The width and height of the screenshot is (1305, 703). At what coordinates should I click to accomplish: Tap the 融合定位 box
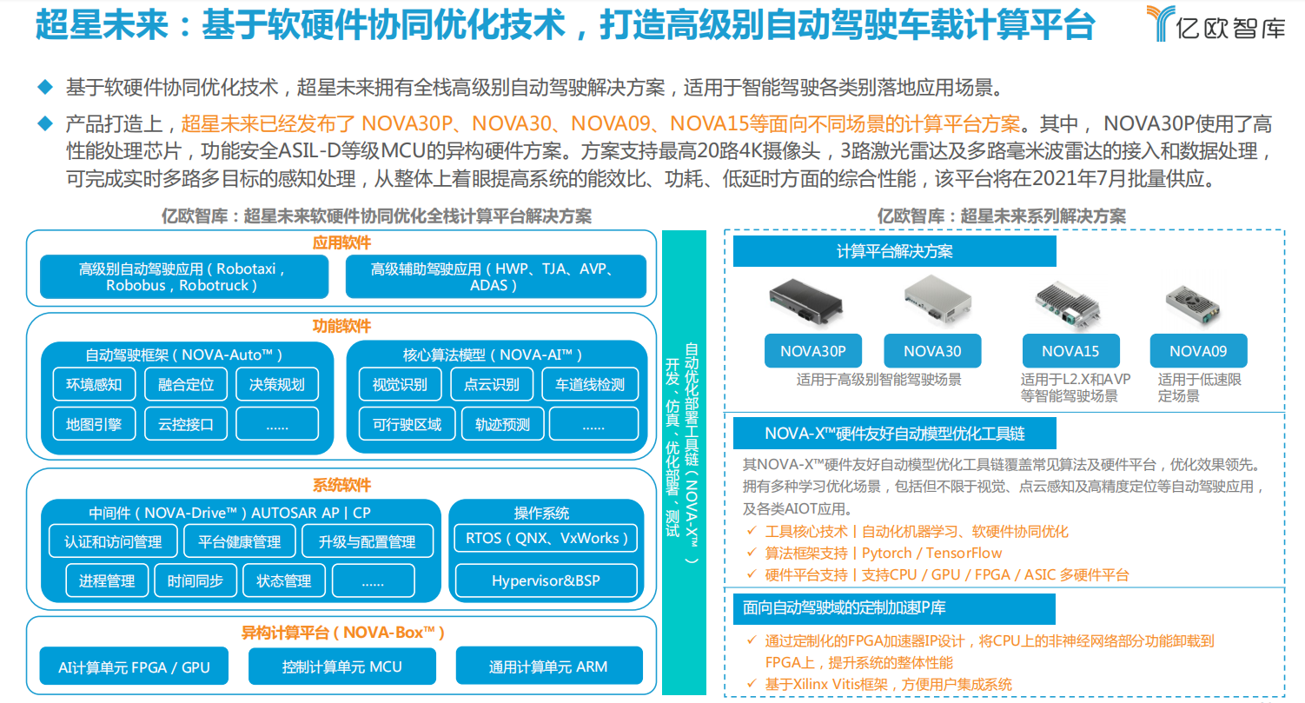pos(186,383)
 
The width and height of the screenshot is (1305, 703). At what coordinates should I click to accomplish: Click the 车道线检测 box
pos(589,383)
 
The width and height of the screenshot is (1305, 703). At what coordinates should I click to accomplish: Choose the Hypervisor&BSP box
pos(546,580)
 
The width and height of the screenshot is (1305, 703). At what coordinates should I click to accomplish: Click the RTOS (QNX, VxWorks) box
pos(546,538)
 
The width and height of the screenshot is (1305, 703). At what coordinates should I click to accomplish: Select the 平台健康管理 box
pos(240,541)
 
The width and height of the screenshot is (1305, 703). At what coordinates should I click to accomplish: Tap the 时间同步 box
pos(195,580)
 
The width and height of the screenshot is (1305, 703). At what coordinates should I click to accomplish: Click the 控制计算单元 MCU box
pos(342,667)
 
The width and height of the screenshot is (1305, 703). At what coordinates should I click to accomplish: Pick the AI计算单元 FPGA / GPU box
pos(134,667)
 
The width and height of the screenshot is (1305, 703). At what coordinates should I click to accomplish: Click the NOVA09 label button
pos(1198,351)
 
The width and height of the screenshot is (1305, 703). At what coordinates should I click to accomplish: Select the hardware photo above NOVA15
pos(1069,304)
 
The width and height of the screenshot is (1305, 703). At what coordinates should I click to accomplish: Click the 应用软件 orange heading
pos(341,242)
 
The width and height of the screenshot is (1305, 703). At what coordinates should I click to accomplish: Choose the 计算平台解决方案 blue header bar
pos(895,251)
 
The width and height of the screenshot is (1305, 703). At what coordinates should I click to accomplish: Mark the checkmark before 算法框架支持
pos(752,553)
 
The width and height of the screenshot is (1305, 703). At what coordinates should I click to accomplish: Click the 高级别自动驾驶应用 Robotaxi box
pos(184,276)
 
